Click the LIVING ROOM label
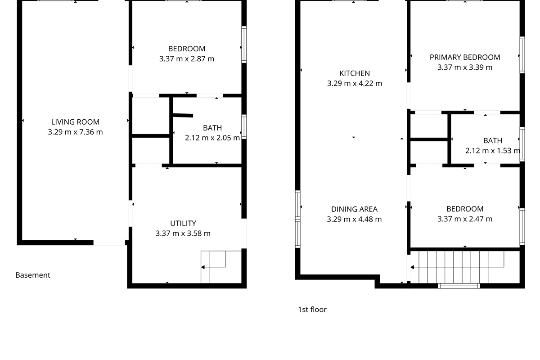tap(75, 122)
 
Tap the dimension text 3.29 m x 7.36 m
tap(75, 132)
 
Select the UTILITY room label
tap(183, 223)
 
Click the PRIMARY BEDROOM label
tap(465, 58)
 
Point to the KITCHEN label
tap(355, 73)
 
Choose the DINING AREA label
tap(354, 209)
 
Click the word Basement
tap(33, 275)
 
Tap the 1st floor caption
tap(312, 310)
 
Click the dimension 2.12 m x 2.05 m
tap(212, 138)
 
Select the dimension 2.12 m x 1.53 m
tap(492, 151)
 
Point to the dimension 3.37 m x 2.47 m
tap(465, 219)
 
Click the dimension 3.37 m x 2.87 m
tap(187, 59)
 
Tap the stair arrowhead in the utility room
tap(203, 267)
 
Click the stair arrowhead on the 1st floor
tap(412, 267)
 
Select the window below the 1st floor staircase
tap(459, 286)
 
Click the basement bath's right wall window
tap(244, 127)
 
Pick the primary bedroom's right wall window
tap(522, 55)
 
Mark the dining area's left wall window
tap(298, 219)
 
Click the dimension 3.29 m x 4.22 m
tap(355, 83)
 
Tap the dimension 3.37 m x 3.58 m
tap(183, 234)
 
